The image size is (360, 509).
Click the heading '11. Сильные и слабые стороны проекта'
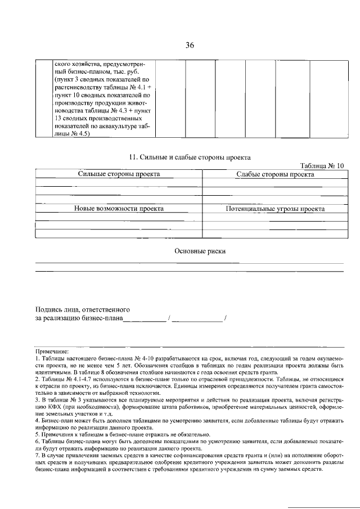point(190,157)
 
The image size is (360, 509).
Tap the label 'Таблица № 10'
point(322,166)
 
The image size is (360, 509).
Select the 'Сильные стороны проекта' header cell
point(119,174)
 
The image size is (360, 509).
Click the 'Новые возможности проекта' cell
point(119,209)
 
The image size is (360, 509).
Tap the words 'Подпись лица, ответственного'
point(83,309)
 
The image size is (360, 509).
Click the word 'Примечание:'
point(52,350)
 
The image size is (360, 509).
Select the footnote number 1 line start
point(37,358)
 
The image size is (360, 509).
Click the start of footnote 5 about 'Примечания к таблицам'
point(37,434)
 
